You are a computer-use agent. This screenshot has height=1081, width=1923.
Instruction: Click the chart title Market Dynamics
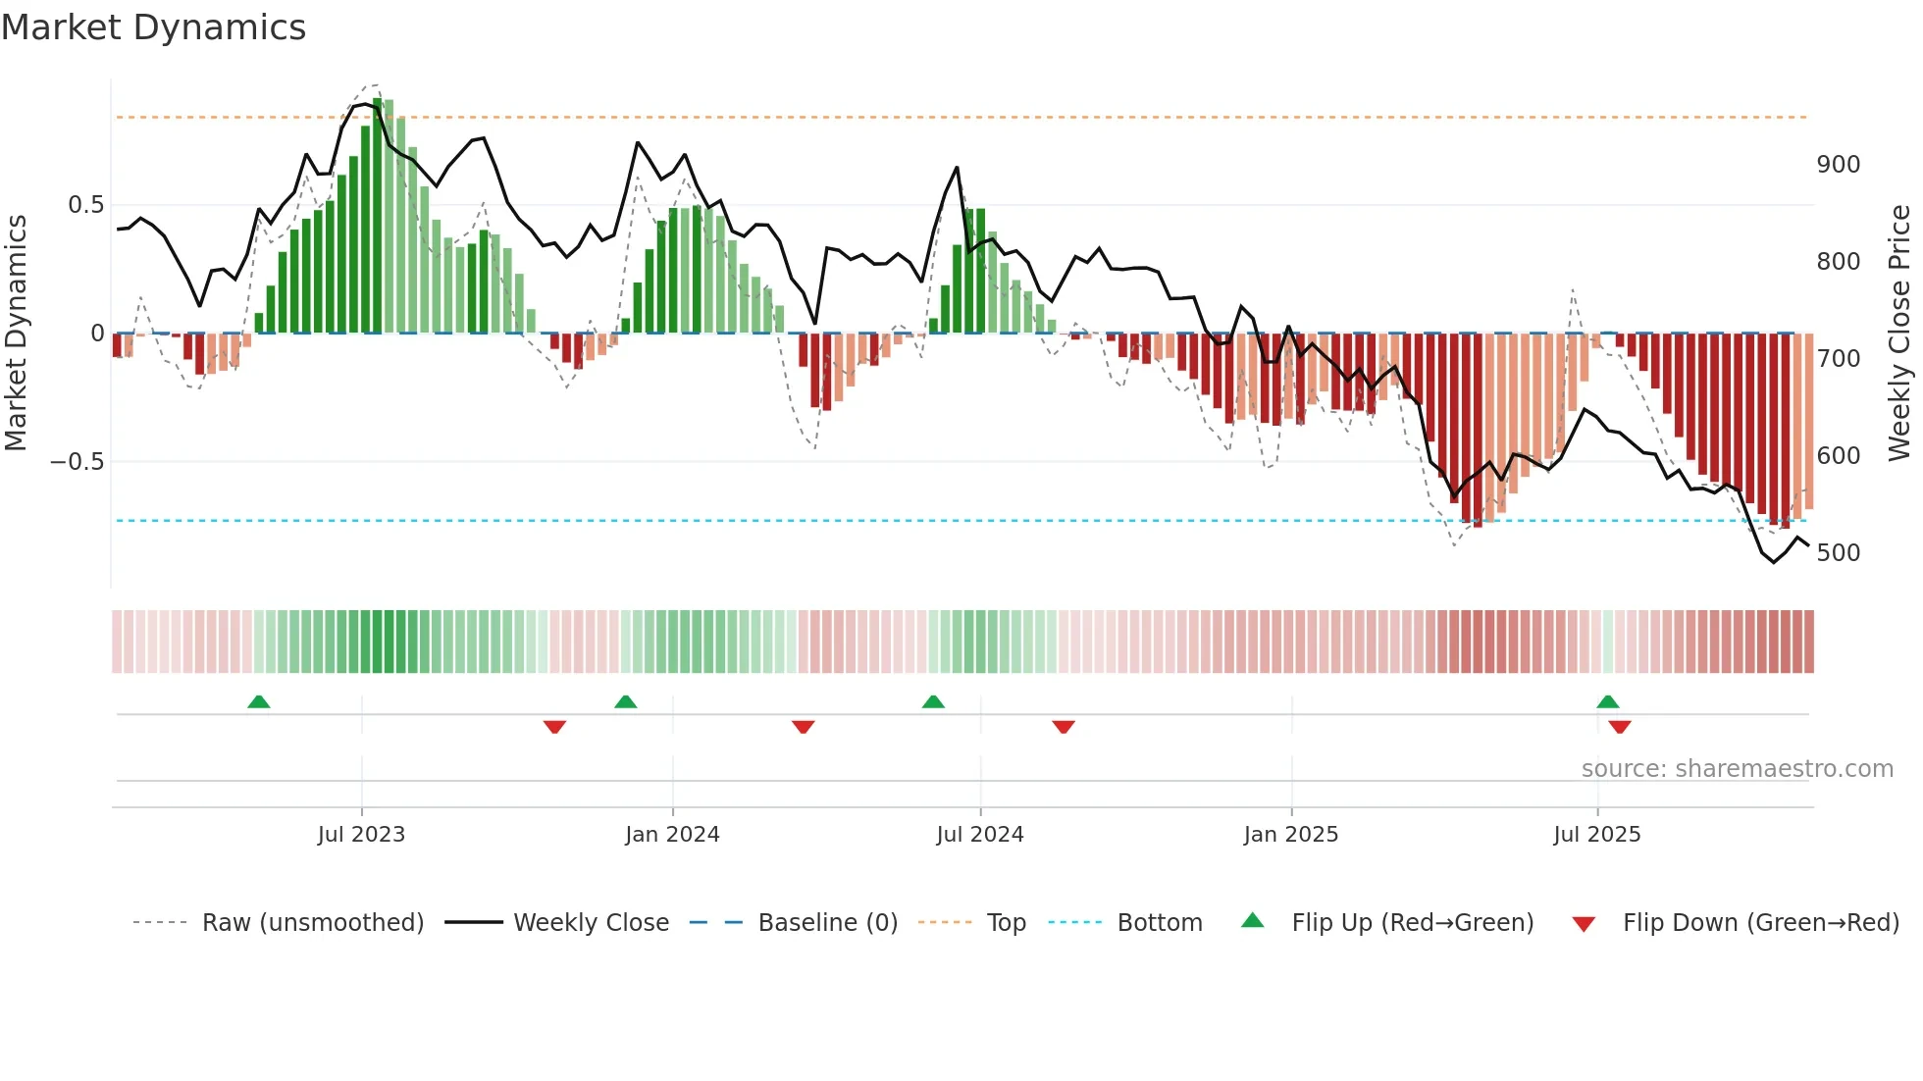point(153,27)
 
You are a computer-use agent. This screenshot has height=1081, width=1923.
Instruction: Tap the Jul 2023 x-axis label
point(361,835)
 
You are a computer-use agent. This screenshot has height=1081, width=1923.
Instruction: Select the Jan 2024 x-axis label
point(672,835)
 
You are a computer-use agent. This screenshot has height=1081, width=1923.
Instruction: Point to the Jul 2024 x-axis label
point(979,835)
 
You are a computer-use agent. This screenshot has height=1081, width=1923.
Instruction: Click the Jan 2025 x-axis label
point(1290,835)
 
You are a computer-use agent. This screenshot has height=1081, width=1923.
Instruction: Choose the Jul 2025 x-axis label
point(1596,835)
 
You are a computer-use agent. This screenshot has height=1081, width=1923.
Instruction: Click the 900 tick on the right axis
point(1838,165)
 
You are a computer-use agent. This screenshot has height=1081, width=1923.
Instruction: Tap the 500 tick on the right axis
point(1838,553)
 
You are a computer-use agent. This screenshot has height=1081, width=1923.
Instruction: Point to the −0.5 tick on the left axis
point(78,462)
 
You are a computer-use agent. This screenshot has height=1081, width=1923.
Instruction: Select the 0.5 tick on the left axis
point(85,205)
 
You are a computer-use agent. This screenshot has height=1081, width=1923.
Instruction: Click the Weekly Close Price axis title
point(1899,334)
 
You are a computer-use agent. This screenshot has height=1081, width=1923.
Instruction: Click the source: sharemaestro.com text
point(1737,769)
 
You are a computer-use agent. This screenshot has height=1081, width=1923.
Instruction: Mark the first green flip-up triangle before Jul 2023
point(258,702)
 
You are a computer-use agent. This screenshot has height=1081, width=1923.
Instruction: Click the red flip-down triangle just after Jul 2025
point(1620,727)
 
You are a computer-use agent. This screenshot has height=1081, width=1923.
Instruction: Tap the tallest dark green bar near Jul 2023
point(378,216)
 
